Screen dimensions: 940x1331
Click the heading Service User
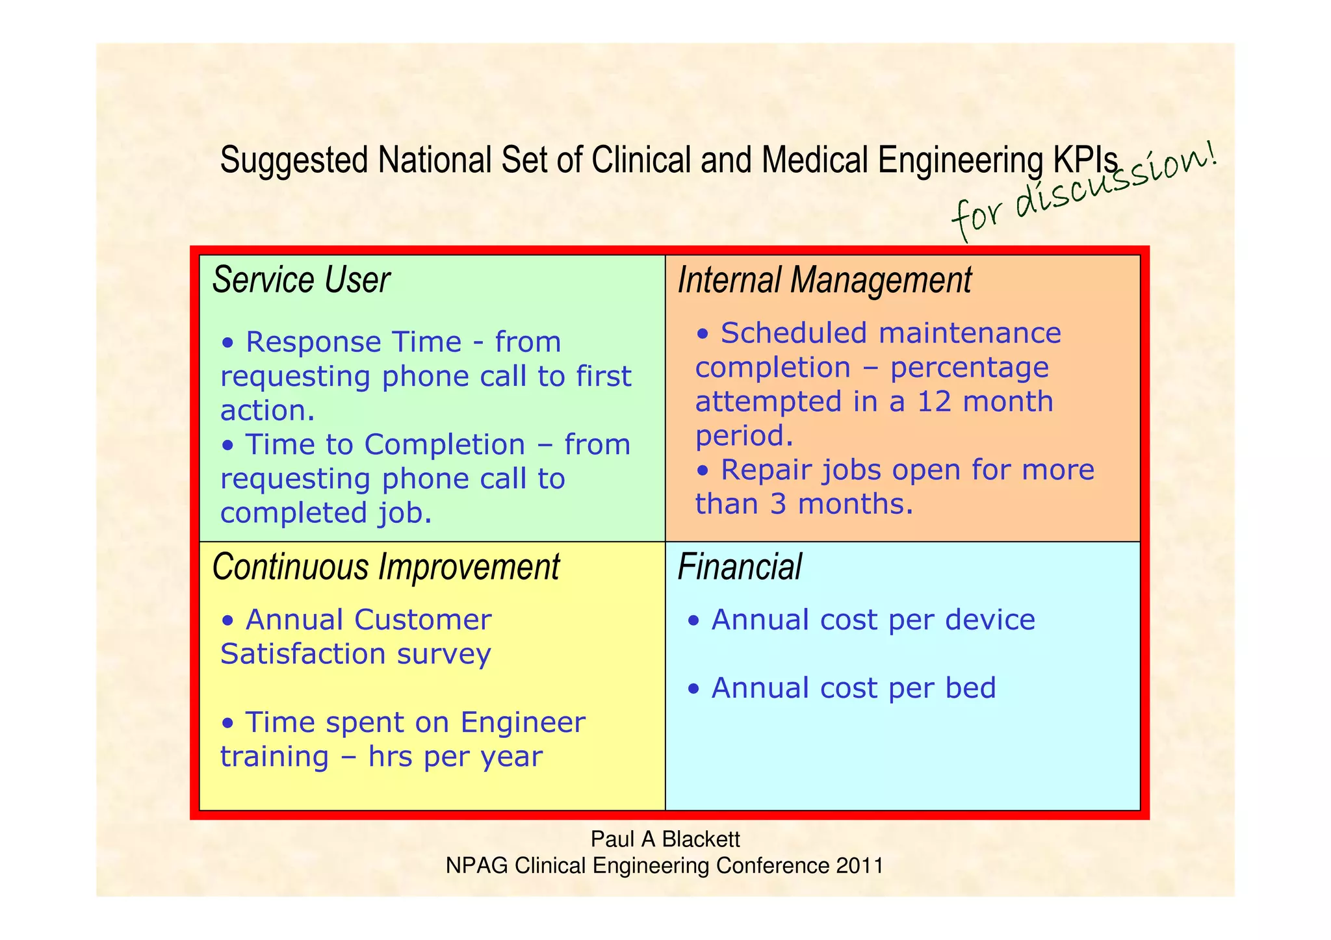pyautogui.click(x=301, y=280)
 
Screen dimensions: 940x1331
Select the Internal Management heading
pyautogui.click(x=824, y=280)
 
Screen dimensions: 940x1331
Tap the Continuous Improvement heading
pyautogui.click(x=385, y=566)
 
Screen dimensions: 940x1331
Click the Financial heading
pyautogui.click(x=740, y=566)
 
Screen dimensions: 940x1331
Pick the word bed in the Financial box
pyautogui.click(x=970, y=688)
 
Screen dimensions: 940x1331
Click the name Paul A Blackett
pyautogui.click(x=665, y=839)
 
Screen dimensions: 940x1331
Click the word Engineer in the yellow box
pyautogui.click(x=523, y=722)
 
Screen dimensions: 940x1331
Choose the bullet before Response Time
pyautogui.click(x=227, y=343)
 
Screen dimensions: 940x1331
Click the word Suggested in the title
pyautogui.click(x=294, y=160)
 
